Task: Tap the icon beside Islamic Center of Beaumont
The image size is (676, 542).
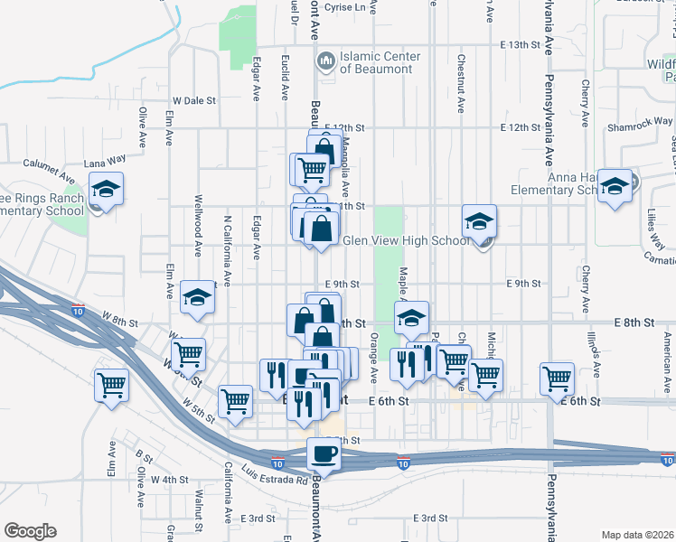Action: coord(325,61)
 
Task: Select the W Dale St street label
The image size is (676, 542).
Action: coord(195,101)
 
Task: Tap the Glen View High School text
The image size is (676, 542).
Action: coord(407,240)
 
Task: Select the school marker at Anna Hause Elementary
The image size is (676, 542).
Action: coord(615,187)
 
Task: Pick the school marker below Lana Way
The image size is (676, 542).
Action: coord(106,190)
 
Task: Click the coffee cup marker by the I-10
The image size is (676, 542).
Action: coord(323,453)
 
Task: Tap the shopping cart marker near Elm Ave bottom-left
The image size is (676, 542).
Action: coord(111,385)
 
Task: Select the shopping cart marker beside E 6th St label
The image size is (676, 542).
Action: coord(557,378)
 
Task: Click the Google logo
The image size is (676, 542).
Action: coord(30,531)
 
